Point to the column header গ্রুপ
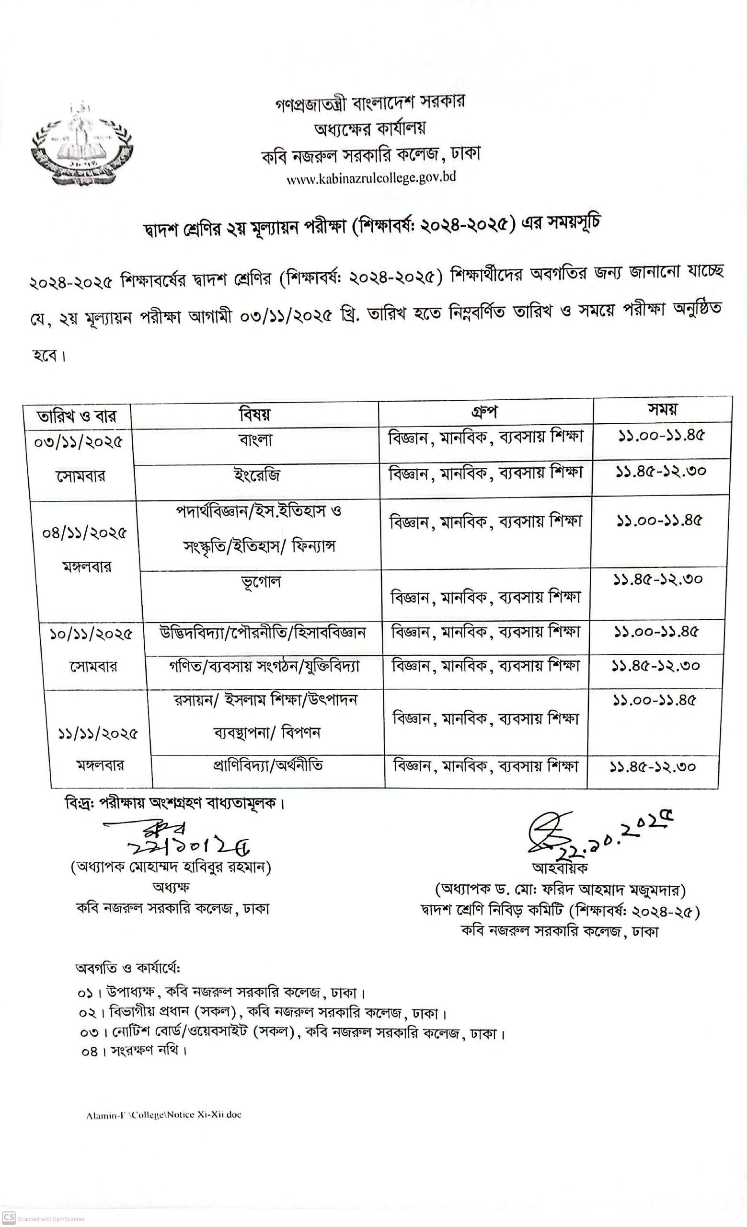(x=484, y=412)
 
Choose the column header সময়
(x=662, y=409)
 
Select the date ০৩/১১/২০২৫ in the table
(x=78, y=442)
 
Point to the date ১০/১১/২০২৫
(x=91, y=635)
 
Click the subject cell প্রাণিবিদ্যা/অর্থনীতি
(x=268, y=765)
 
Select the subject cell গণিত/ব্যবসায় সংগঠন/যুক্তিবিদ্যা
(x=263, y=666)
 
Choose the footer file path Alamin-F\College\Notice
(x=163, y=1115)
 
